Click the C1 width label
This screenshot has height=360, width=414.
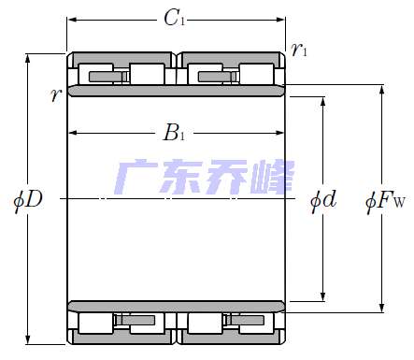point(173,17)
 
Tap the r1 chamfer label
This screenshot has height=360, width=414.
point(298,50)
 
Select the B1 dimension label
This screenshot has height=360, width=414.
point(175,134)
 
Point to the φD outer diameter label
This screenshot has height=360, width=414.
point(29,199)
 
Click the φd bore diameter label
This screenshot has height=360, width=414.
point(323,199)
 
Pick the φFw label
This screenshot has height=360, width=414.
point(384,199)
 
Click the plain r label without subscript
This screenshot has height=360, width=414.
point(57,94)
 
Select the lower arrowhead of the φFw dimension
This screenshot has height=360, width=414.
point(381,308)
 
